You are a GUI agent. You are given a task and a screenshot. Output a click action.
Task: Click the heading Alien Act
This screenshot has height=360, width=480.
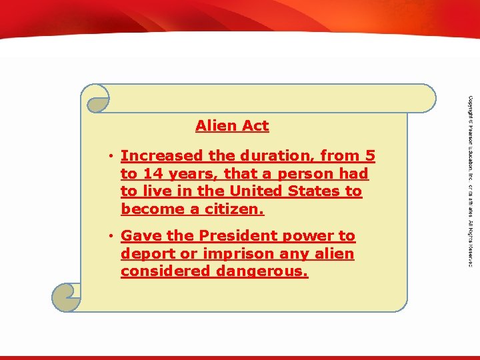(232, 125)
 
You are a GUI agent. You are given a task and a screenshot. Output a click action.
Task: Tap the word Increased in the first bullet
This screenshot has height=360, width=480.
(153, 156)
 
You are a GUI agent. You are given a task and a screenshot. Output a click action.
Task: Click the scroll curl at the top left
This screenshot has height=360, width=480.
(95, 98)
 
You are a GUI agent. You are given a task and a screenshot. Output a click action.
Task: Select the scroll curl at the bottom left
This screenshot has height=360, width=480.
(66, 297)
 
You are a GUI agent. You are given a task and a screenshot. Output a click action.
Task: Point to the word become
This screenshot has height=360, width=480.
(149, 209)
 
